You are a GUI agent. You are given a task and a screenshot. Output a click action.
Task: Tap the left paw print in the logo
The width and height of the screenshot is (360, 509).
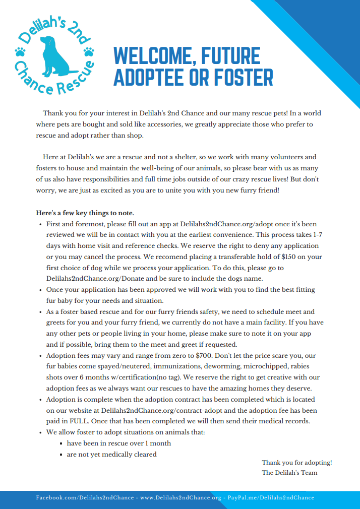(x=20, y=51)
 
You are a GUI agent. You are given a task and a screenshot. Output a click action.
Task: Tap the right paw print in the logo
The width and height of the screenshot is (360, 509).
(x=89, y=51)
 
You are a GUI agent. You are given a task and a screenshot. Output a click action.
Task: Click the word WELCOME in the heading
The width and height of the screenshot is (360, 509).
(x=152, y=56)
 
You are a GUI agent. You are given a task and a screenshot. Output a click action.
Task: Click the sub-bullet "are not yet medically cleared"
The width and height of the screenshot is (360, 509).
(x=111, y=454)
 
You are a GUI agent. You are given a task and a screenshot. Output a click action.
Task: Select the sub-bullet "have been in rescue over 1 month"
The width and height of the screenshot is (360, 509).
(x=118, y=443)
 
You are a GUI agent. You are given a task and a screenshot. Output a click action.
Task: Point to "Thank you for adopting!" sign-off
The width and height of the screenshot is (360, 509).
(x=296, y=462)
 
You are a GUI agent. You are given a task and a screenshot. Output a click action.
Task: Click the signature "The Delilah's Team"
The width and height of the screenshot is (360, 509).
(x=289, y=473)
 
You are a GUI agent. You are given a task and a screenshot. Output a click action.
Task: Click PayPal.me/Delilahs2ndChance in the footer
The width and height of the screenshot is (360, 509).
(x=271, y=497)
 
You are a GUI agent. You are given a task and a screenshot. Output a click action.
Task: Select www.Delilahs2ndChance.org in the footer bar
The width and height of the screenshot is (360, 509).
(x=181, y=497)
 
